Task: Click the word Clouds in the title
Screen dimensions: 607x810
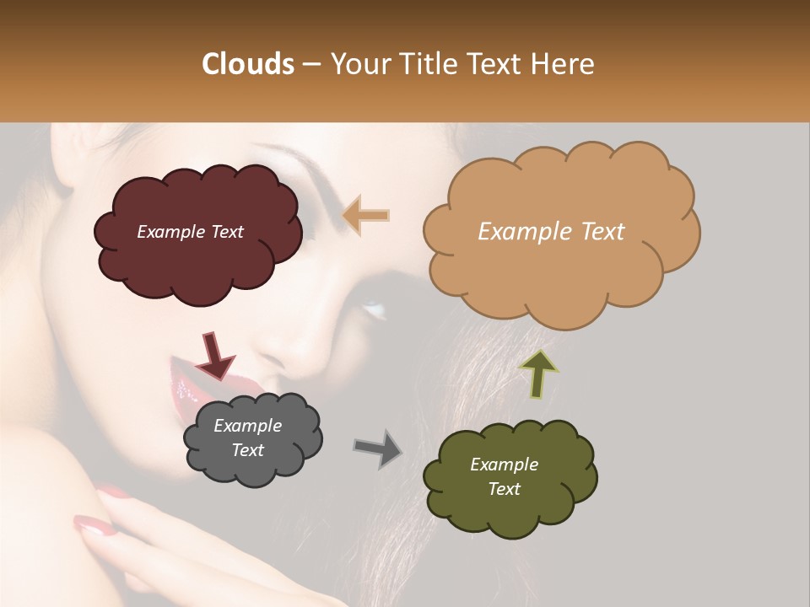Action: pos(247,64)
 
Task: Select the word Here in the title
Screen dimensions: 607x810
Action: pos(564,64)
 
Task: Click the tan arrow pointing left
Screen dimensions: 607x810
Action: pos(366,215)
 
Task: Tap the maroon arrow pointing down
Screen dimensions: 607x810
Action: pos(214,355)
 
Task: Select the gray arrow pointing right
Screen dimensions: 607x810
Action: pos(378,448)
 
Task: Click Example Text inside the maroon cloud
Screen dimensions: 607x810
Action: pos(190,232)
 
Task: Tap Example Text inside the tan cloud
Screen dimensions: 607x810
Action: pos(551,232)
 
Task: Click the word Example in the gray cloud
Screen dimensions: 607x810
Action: pos(247,426)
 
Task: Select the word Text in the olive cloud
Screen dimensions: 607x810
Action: pos(504,489)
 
